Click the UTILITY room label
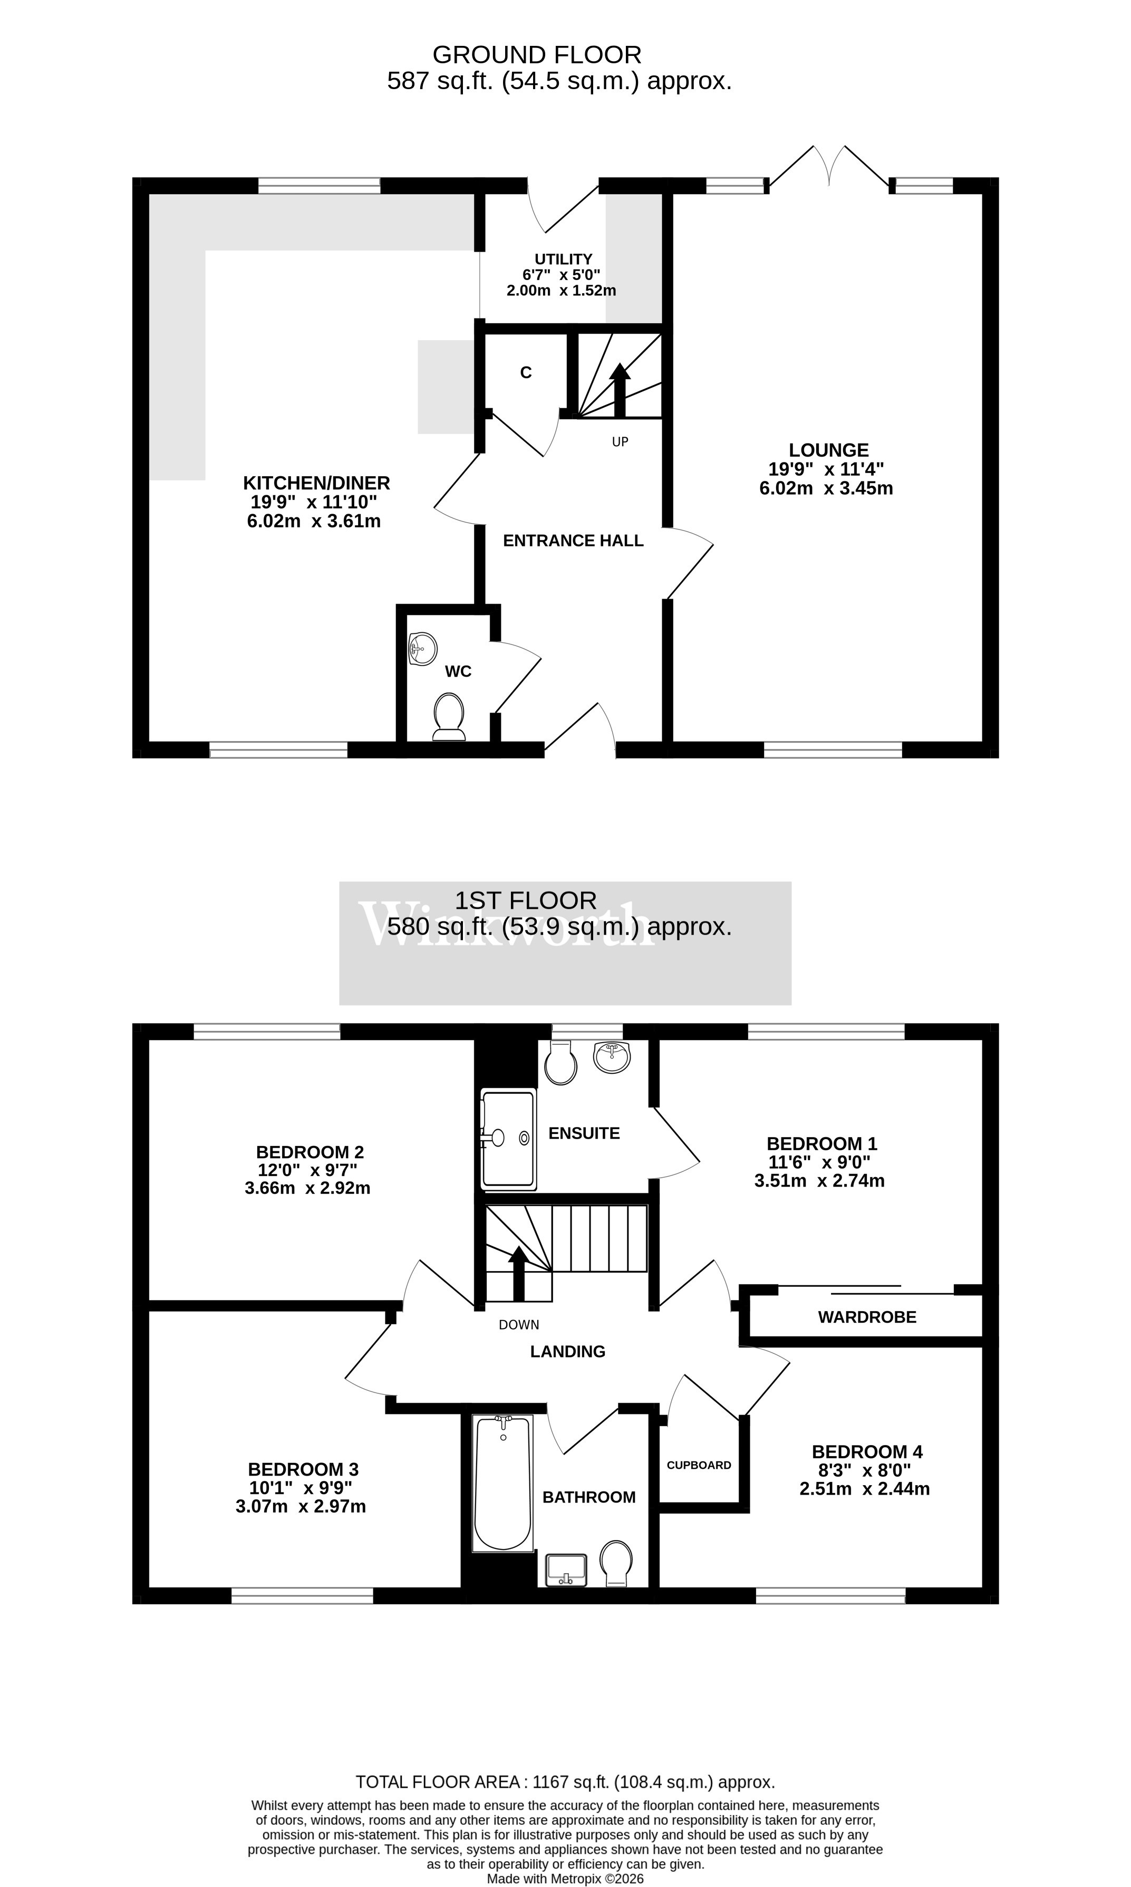coord(563,259)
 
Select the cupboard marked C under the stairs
coord(526,373)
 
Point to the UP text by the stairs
coord(621,442)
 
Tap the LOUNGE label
coord(828,450)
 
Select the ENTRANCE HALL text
coord(573,541)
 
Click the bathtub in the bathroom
coord(502,1483)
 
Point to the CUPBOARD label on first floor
coord(699,1465)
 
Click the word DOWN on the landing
coord(519,1325)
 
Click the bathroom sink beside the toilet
coord(565,1571)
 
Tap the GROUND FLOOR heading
coord(537,55)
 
